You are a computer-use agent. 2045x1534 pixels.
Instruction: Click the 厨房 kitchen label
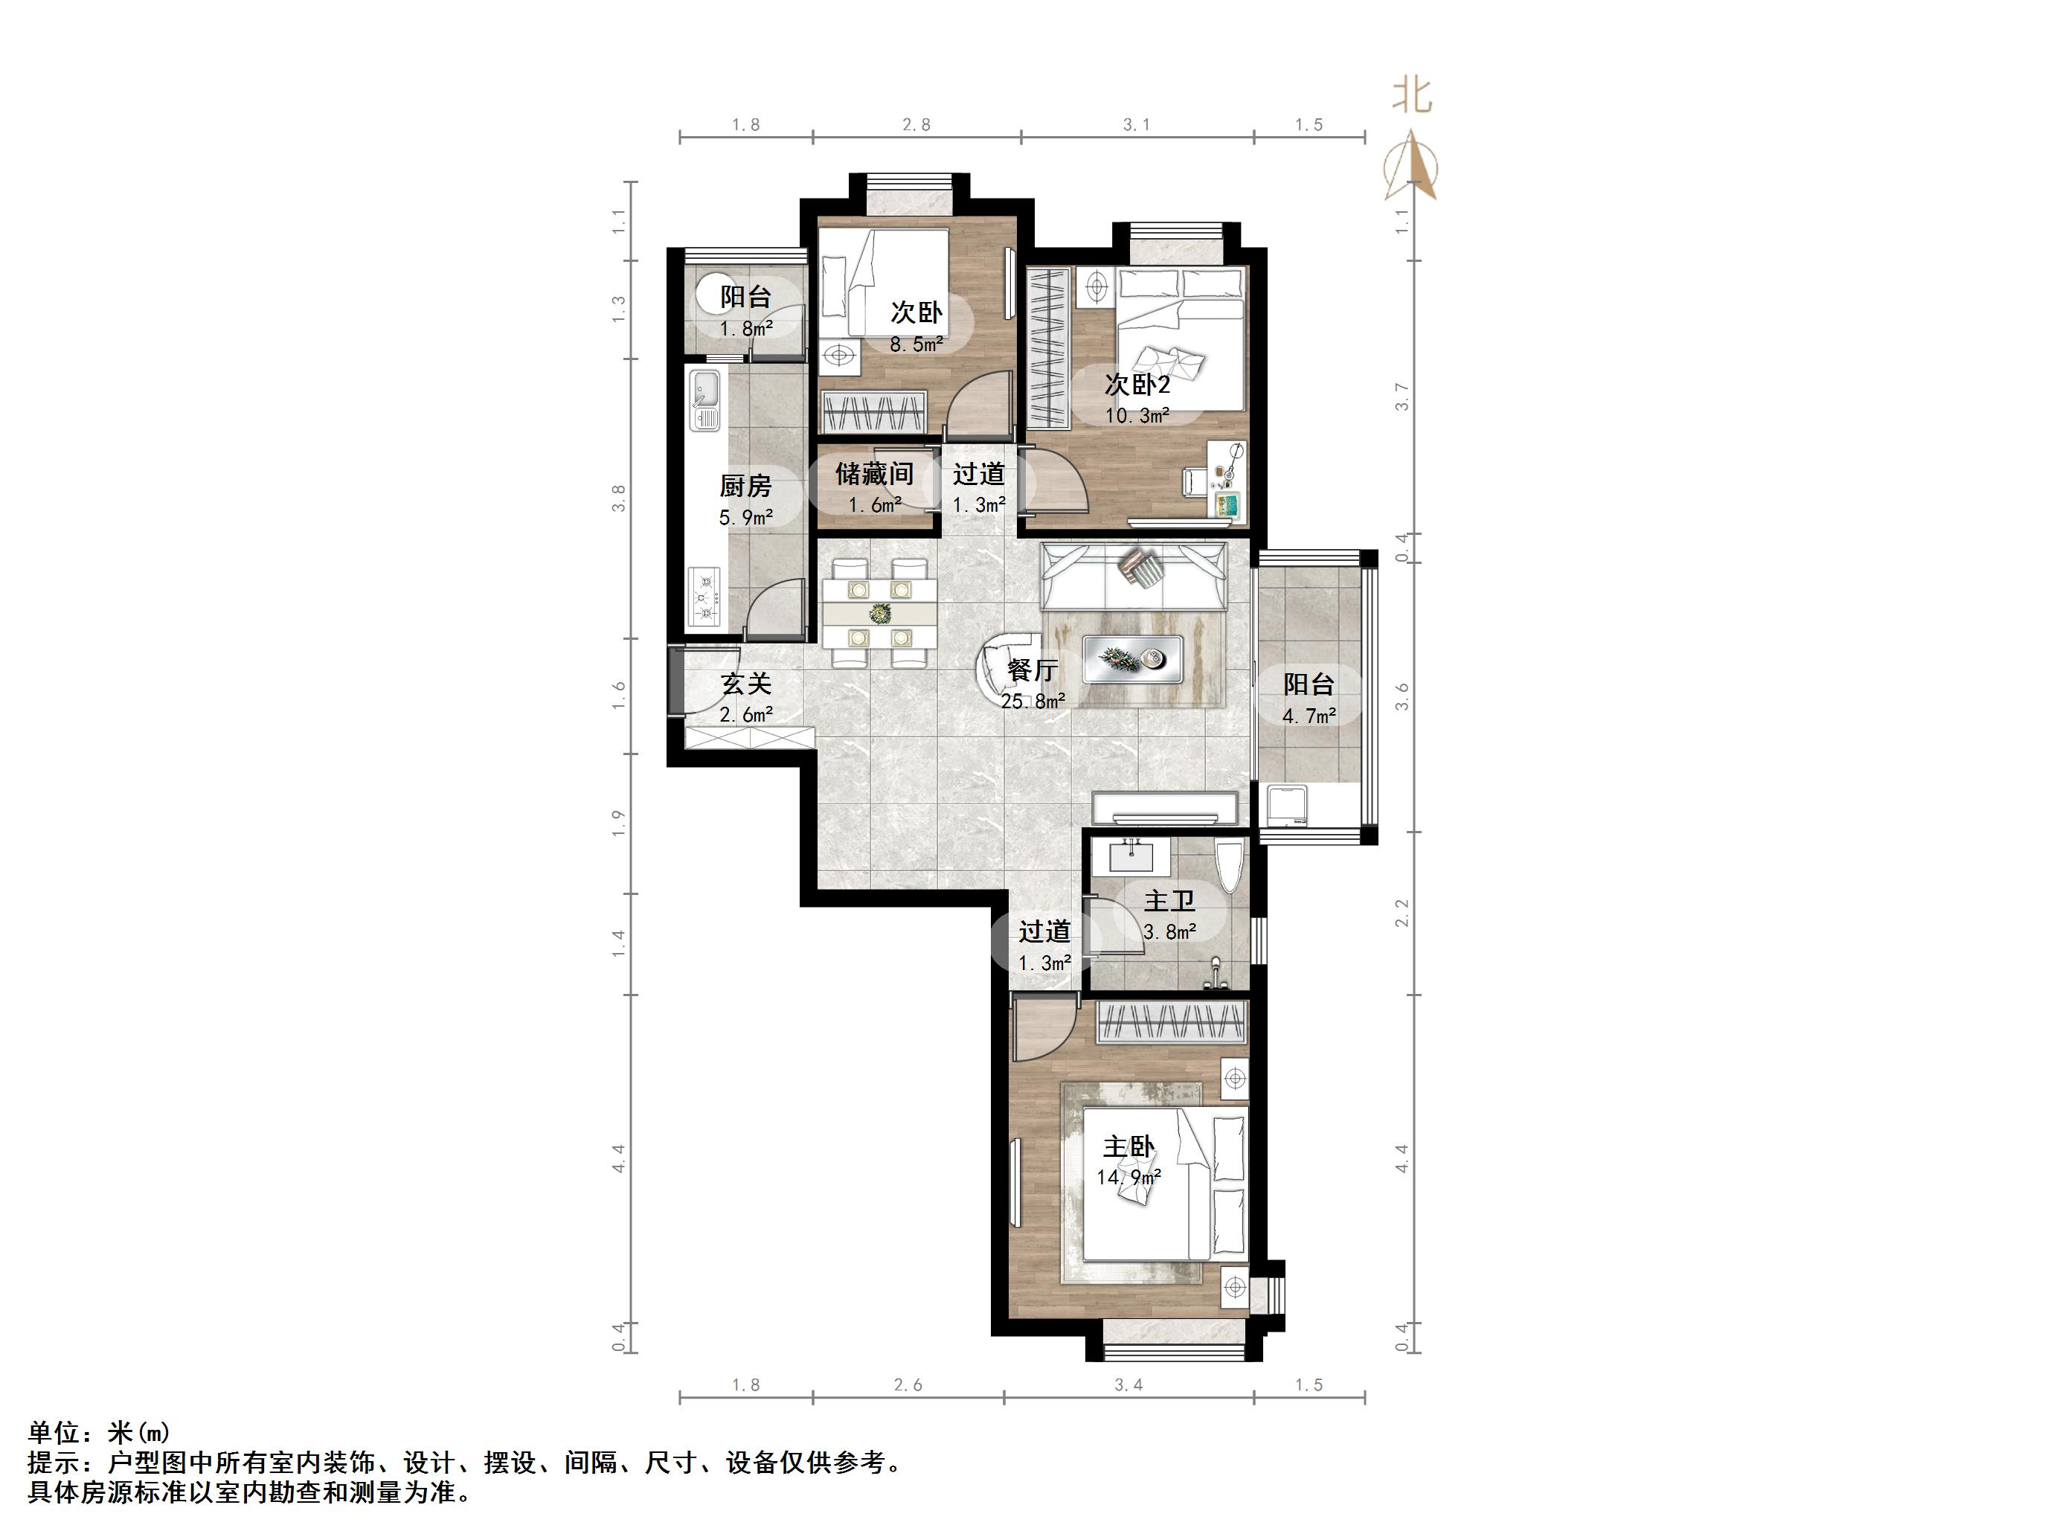pyautogui.click(x=745, y=486)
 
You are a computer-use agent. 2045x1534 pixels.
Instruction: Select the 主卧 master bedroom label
pyautogui.click(x=1129, y=1146)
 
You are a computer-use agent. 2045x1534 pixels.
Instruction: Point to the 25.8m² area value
pyautogui.click(x=1033, y=701)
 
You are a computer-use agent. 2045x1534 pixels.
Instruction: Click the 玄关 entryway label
pyautogui.click(x=746, y=684)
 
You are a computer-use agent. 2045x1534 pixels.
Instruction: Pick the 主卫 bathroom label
pyautogui.click(x=1169, y=901)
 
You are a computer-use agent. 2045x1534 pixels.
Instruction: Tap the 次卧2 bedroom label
pyautogui.click(x=1138, y=384)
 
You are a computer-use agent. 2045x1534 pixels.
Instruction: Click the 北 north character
pyautogui.click(x=1413, y=95)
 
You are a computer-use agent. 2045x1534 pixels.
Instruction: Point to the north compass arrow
pyautogui.click(x=1410, y=164)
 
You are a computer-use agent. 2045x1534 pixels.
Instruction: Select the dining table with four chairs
pyautogui.click(x=879, y=612)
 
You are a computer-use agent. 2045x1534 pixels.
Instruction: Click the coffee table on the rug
pyautogui.click(x=1132, y=659)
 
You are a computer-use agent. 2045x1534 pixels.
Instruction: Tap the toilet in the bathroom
pyautogui.click(x=1227, y=867)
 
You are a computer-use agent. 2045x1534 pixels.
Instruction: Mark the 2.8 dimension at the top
pyautogui.click(x=916, y=125)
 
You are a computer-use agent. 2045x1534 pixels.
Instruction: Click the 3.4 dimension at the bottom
pyautogui.click(x=1129, y=1385)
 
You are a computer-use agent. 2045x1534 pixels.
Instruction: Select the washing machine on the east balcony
pyautogui.click(x=1287, y=803)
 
